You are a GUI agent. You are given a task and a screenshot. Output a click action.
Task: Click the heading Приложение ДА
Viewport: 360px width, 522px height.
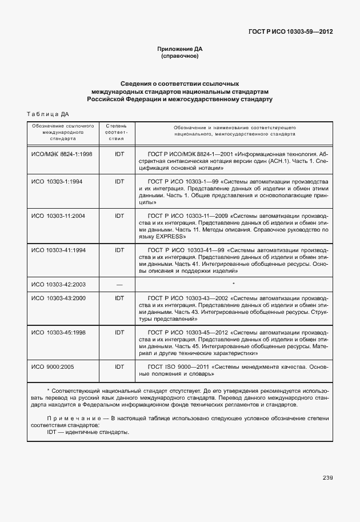pos(179,49)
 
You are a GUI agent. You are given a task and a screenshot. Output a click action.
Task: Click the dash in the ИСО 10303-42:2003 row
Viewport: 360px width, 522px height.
pos(119,284)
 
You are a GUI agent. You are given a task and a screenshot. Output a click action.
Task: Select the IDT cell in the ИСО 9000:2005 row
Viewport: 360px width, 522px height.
pos(119,366)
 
